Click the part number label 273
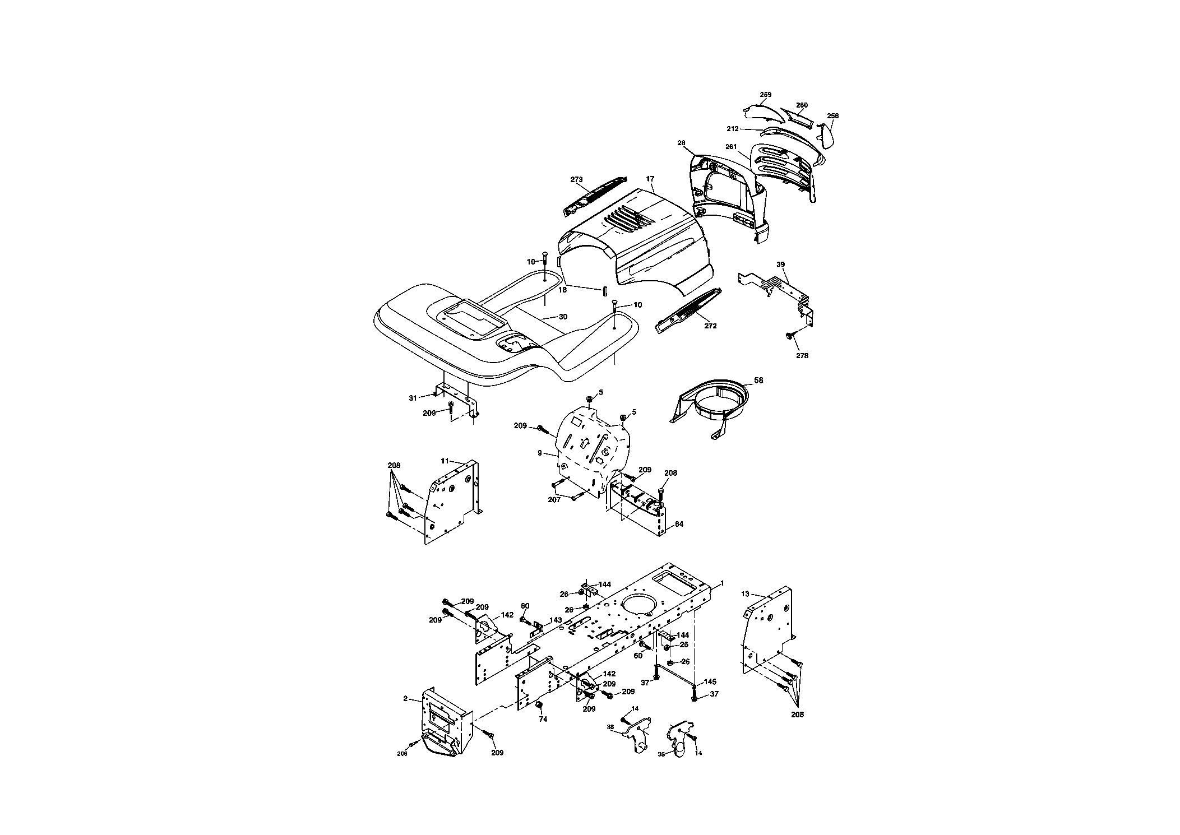tap(577, 180)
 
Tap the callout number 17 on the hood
tap(650, 179)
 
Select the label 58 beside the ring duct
tap(758, 381)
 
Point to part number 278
tap(802, 355)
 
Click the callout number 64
tap(679, 524)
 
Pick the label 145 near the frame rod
tap(710, 682)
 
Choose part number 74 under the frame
tap(543, 719)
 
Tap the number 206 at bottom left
tap(402, 754)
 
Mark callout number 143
tap(556, 620)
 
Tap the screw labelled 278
tap(788, 336)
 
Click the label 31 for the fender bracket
tap(413, 398)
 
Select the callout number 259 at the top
tap(765, 95)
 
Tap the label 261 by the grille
tap(730, 147)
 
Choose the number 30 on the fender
tap(563, 317)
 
